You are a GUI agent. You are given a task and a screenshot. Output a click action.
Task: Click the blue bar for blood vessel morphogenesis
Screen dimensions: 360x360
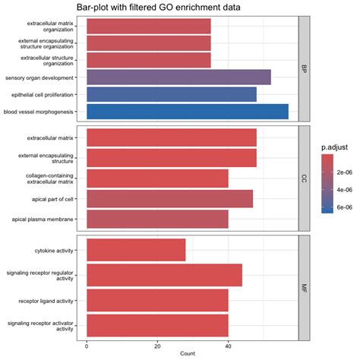pyautogui.click(x=187, y=112)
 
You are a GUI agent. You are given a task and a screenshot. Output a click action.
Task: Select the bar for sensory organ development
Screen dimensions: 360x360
pyautogui.click(x=178, y=77)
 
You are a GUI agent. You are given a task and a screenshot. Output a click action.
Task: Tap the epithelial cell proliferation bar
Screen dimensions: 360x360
pyautogui.click(x=172, y=94)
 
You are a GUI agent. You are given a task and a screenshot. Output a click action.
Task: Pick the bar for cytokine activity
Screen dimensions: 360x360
pyautogui.click(x=136, y=250)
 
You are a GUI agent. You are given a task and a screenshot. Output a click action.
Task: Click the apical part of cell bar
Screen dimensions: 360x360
pyautogui.click(x=169, y=199)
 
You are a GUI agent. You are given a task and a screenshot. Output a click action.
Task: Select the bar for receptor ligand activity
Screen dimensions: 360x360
pyautogui.click(x=157, y=300)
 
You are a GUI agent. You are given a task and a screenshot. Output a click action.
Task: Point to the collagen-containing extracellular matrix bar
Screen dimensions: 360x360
pyautogui.click(x=157, y=178)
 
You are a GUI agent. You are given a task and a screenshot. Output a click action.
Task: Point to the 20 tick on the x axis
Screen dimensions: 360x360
pyautogui.click(x=157, y=344)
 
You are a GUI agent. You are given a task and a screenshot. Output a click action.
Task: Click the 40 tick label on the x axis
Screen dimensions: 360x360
pyautogui.click(x=228, y=344)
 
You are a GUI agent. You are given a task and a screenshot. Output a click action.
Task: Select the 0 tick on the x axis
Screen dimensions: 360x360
pyautogui.click(x=87, y=344)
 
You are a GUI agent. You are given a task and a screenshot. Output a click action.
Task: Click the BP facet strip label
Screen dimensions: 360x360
pyautogui.click(x=305, y=68)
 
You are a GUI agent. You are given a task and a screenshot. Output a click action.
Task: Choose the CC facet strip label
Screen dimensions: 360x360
pyautogui.click(x=305, y=178)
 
